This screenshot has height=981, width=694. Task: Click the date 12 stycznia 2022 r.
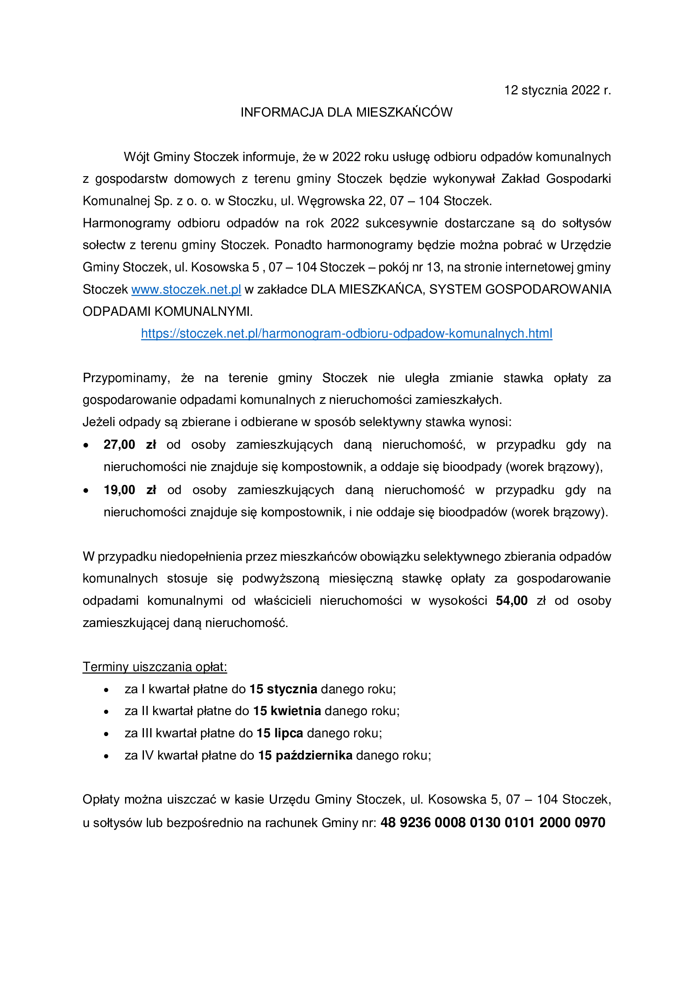(x=557, y=90)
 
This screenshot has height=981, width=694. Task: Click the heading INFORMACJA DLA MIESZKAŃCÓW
(x=346, y=112)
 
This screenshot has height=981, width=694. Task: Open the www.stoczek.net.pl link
(x=186, y=290)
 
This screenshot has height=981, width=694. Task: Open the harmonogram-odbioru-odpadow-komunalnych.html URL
(x=347, y=334)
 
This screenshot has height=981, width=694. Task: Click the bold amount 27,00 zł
(x=130, y=445)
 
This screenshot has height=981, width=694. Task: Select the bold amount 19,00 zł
(x=130, y=490)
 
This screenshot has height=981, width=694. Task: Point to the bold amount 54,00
(x=511, y=601)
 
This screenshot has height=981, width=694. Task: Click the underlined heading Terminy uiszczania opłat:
(x=155, y=667)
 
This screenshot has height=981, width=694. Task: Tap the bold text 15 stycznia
(x=283, y=689)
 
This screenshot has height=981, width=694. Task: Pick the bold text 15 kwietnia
(x=287, y=711)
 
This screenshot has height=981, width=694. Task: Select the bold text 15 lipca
(x=279, y=733)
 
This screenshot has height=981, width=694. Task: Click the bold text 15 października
(x=305, y=755)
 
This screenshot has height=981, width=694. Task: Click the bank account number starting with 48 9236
(x=493, y=822)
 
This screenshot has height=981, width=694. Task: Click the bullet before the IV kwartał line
(x=107, y=756)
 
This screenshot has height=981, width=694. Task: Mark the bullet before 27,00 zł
(x=86, y=446)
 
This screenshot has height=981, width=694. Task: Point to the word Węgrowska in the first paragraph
(x=331, y=201)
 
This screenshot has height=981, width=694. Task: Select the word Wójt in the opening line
(x=136, y=157)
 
